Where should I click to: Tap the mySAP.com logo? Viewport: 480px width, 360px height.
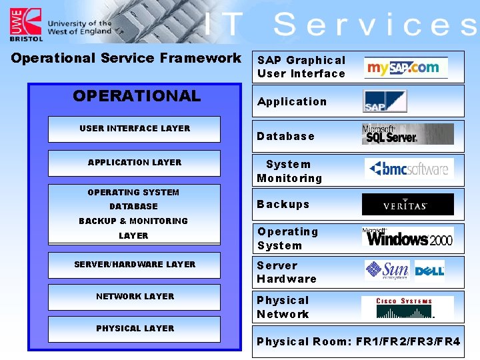click(x=405, y=67)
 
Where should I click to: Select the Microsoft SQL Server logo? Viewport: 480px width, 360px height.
click(x=407, y=134)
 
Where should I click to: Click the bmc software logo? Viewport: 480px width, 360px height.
click(x=409, y=169)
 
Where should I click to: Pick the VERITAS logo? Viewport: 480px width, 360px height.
click(x=407, y=205)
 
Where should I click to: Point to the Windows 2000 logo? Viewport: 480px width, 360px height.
click(x=407, y=237)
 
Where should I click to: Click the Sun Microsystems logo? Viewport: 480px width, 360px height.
click(x=387, y=270)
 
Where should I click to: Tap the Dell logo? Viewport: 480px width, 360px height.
click(x=429, y=271)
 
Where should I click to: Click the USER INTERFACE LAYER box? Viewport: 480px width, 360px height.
click(x=134, y=129)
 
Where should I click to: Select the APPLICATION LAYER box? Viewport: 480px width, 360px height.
click(x=134, y=163)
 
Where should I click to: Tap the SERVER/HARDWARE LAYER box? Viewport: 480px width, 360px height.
click(x=134, y=265)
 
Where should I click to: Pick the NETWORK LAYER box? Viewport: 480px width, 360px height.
click(x=134, y=297)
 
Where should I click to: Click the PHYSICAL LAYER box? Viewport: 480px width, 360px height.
click(x=134, y=329)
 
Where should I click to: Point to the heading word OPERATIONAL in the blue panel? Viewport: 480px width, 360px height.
click(x=137, y=96)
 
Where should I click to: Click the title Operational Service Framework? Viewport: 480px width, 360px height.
click(x=126, y=58)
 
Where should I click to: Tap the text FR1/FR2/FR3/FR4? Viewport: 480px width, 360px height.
click(x=408, y=342)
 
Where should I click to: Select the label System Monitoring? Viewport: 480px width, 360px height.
click(x=289, y=171)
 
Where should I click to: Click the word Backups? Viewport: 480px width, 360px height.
click(x=283, y=205)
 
